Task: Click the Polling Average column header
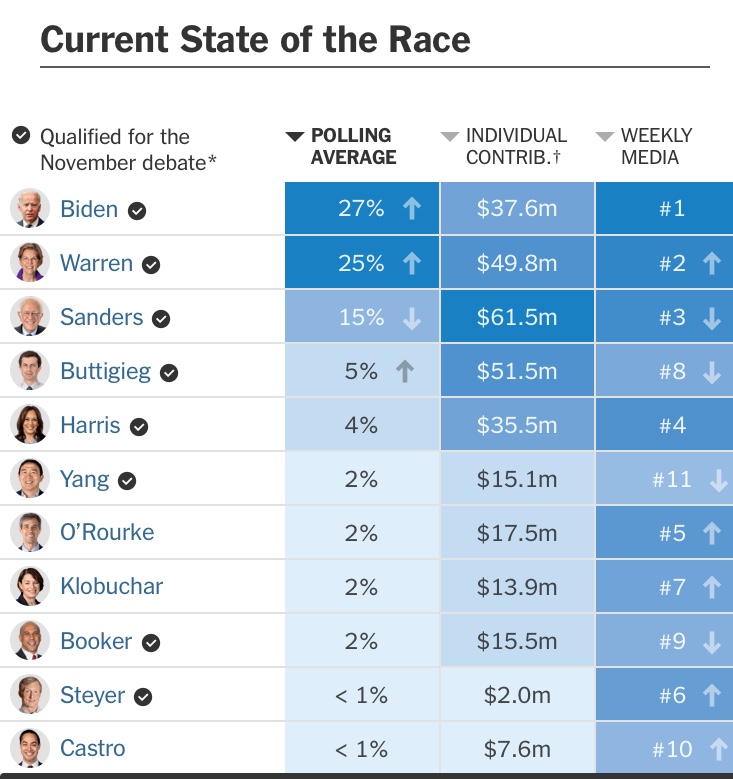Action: pyautogui.click(x=353, y=146)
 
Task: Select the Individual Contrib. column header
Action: pyautogui.click(x=516, y=146)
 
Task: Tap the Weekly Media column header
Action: pyautogui.click(x=656, y=146)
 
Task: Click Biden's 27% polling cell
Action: pyautogui.click(x=362, y=209)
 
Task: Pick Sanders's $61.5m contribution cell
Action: pyautogui.click(x=517, y=317)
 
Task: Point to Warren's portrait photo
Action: pyautogui.click(x=29, y=263)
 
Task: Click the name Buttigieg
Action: pyautogui.click(x=105, y=371)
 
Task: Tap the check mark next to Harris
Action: pyautogui.click(x=139, y=426)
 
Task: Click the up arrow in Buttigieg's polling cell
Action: pyautogui.click(x=404, y=371)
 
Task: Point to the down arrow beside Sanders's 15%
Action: pyautogui.click(x=411, y=317)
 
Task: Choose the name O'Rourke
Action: pyautogui.click(x=107, y=533)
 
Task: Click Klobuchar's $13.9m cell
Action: pyautogui.click(x=517, y=587)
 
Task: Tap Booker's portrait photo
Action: pyautogui.click(x=29, y=641)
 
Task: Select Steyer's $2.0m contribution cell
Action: pyautogui.click(x=517, y=695)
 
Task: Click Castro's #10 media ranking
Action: pyautogui.click(x=672, y=749)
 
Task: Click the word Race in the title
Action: pyautogui.click(x=425, y=41)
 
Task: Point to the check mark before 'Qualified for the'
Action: pyautogui.click(x=21, y=135)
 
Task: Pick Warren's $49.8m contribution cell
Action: pyautogui.click(x=517, y=263)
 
